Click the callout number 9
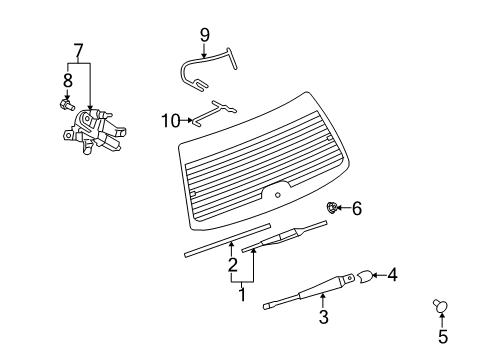[x=204, y=35]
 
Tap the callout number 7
[x=76, y=49]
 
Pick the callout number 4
[x=393, y=273]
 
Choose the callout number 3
[x=323, y=318]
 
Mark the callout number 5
[x=442, y=337]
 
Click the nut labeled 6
[x=333, y=207]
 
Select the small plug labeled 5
[x=442, y=305]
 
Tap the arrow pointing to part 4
[x=381, y=273]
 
